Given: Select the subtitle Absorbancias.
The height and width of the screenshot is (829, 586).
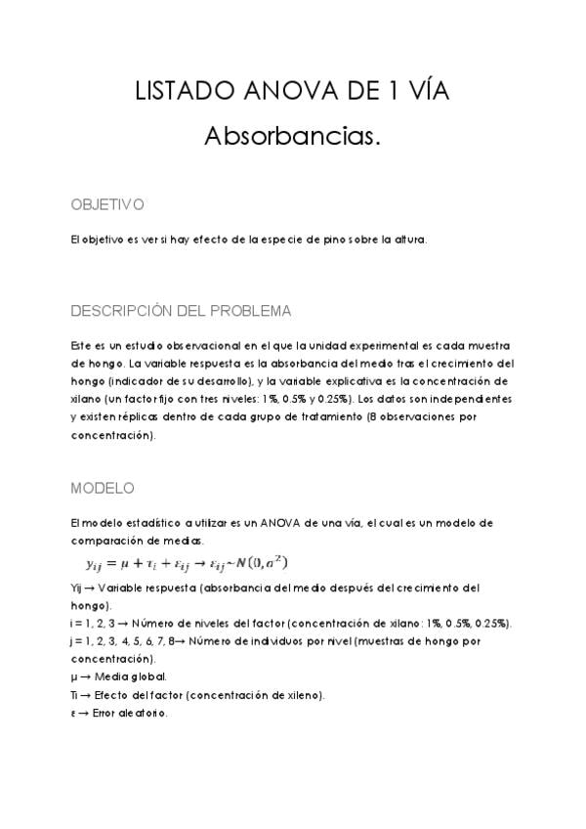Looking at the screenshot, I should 292,137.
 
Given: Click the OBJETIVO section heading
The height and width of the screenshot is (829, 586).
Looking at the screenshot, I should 107,205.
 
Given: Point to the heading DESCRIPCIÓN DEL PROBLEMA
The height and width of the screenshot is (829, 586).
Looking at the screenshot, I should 181,312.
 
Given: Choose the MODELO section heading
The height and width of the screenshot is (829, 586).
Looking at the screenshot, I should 103,488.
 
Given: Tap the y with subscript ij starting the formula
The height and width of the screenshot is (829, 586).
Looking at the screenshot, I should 95,564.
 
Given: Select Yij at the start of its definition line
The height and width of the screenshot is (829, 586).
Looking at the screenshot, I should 78,589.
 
